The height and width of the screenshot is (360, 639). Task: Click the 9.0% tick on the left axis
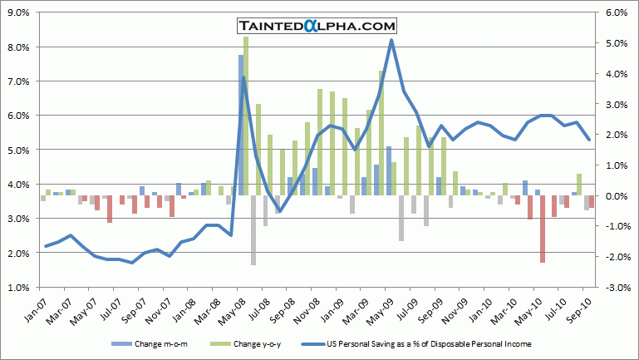[x=18, y=12]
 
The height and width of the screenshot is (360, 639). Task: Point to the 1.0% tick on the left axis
[x=18, y=288]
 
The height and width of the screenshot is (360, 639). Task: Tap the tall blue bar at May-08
[x=241, y=125]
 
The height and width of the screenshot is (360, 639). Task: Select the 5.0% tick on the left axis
[x=18, y=150]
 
